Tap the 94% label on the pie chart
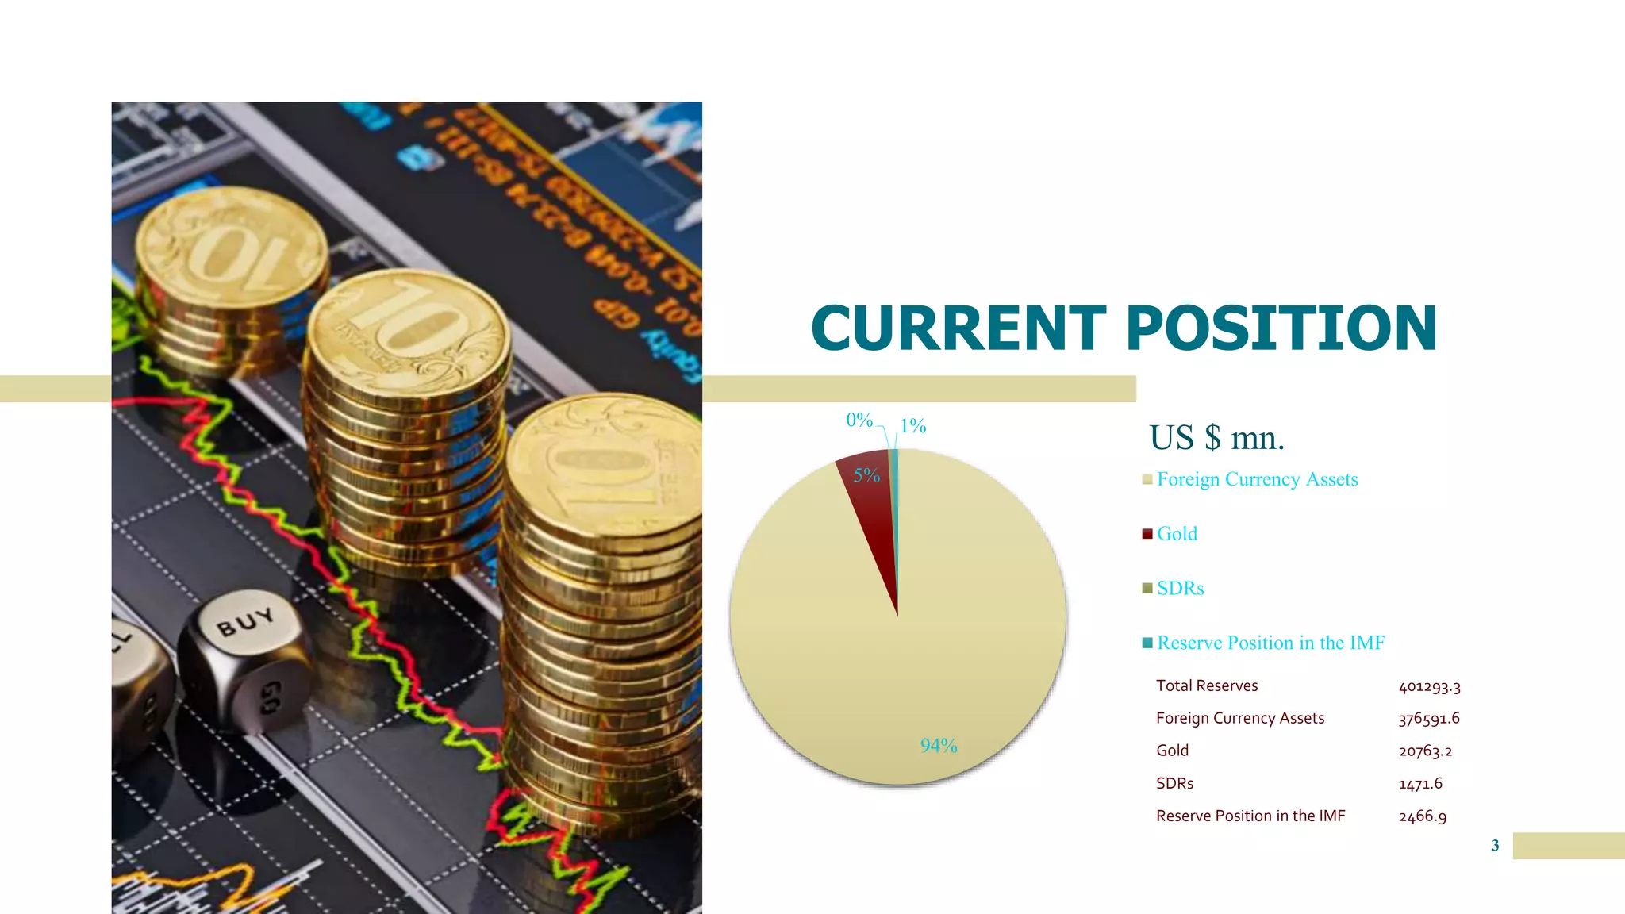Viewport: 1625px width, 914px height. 939,746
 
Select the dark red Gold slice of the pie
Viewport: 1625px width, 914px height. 871,508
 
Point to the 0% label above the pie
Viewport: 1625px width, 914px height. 859,420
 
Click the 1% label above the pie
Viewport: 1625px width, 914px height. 913,426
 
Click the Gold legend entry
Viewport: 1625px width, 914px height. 1177,534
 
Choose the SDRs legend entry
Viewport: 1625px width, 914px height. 1180,589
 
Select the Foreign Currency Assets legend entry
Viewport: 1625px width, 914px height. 1257,479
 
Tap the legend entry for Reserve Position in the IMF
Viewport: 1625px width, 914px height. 1270,643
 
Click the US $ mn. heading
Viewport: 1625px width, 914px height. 1216,438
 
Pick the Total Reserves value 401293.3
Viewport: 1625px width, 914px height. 1429,686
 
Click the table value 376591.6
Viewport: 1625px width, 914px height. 1429,719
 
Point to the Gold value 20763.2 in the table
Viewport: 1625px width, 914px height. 1425,751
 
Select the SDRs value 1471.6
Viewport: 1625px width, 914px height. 1420,784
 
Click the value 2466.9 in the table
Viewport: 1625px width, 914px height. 1423,816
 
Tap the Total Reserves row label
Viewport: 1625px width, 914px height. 1207,686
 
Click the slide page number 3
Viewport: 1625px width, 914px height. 1495,846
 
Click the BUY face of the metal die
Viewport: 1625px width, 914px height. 246,622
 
